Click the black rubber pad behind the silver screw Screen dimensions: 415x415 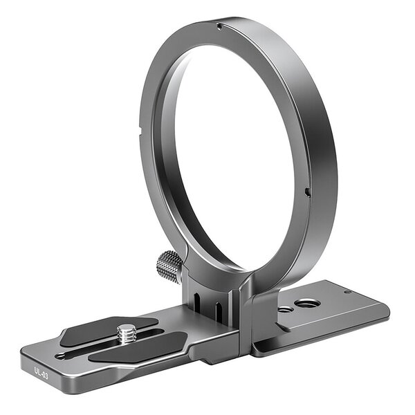tap(104, 328)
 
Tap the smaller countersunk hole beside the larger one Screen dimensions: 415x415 tap(284, 310)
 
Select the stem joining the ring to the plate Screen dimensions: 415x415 tap(214, 297)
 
